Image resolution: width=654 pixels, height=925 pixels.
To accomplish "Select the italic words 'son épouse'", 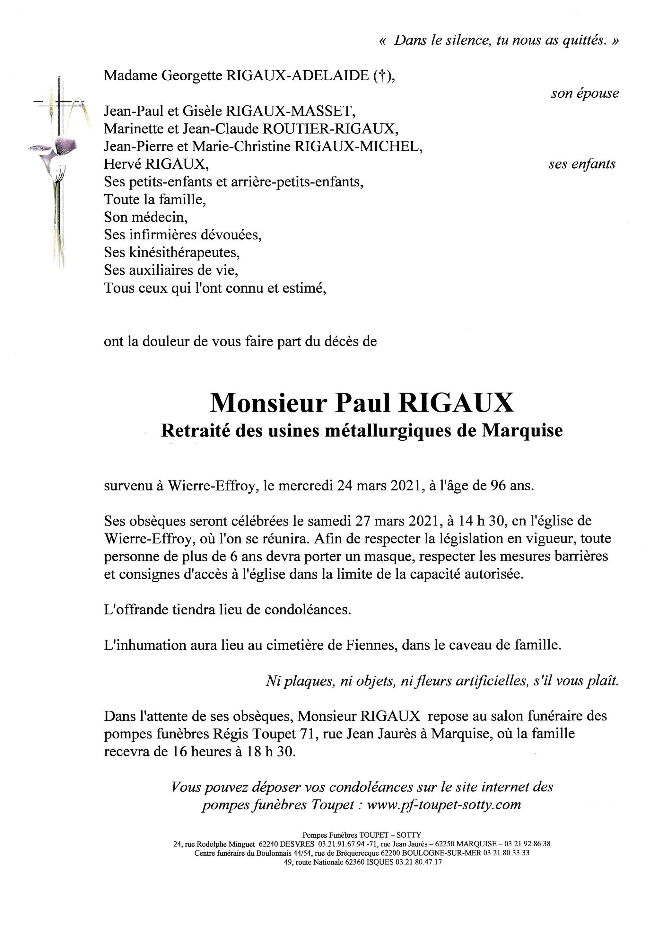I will coord(585,93).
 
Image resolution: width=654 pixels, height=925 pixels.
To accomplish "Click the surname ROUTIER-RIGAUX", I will coord(328,128).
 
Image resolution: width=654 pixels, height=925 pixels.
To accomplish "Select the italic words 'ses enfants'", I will coord(582,164).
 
